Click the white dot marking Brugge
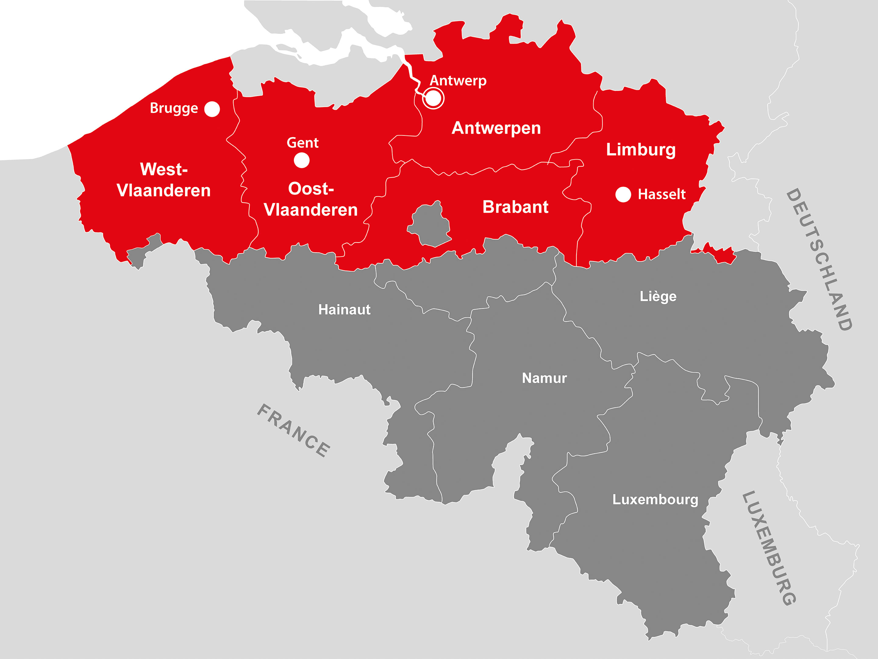click(212, 109)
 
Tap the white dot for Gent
click(302, 160)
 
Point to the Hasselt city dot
click(623, 194)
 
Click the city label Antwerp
click(458, 81)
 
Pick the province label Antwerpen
click(496, 128)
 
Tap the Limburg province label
click(641, 150)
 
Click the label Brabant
click(515, 207)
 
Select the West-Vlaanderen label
click(163, 180)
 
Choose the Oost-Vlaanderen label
click(310, 199)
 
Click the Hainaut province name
click(344, 309)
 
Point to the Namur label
click(544, 378)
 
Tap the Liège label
click(658, 296)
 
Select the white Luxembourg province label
click(655, 499)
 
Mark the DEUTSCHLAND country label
click(819, 259)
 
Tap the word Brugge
click(174, 108)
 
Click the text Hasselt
click(661, 194)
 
